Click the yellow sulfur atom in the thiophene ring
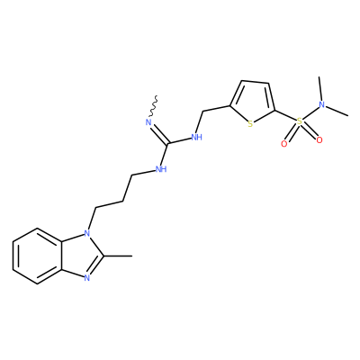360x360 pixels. coord(250,124)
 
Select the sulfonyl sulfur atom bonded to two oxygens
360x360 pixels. coord(299,121)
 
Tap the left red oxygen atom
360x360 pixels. coord(283,144)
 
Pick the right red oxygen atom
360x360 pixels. coord(319,139)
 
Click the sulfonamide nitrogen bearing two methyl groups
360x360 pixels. coord(322,104)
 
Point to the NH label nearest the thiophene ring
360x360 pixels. coord(197,138)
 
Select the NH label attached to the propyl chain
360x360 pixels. coord(161,169)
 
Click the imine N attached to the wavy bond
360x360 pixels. coord(148,122)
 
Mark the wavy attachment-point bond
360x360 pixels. coord(153,105)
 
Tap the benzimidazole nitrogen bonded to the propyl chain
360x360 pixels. coord(86,233)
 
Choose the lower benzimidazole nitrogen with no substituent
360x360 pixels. coord(86,278)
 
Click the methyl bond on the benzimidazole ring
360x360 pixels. coord(118,256)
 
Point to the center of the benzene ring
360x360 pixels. coord(38,256)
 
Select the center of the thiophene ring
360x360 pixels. coord(253,102)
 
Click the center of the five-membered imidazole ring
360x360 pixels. coord(81,256)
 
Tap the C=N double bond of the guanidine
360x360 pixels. coord(159,135)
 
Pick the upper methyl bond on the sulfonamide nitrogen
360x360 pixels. coord(320,89)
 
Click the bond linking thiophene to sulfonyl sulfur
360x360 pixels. coord(285,116)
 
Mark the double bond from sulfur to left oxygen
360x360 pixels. coord(292,132)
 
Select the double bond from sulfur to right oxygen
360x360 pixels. coord(309,130)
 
